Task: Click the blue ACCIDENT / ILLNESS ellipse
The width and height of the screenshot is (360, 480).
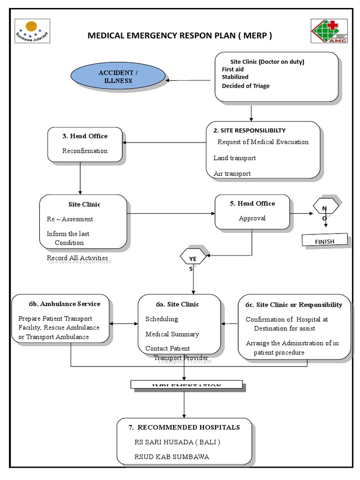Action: (x=118, y=77)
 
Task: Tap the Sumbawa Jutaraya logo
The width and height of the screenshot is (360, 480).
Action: (x=32, y=31)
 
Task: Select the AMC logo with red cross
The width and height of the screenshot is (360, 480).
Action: (x=329, y=31)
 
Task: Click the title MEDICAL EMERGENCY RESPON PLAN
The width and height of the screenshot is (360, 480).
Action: (x=180, y=36)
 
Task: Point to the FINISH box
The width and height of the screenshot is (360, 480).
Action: (x=324, y=241)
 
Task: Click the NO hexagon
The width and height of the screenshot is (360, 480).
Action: (x=324, y=209)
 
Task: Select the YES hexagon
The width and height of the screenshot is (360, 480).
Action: (x=193, y=258)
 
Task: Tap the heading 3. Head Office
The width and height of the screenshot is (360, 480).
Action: (x=85, y=136)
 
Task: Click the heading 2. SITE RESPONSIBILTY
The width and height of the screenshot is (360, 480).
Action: (x=249, y=130)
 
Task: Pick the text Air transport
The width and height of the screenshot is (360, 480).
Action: (x=232, y=173)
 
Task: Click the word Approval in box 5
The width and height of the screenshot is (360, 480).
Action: (x=252, y=218)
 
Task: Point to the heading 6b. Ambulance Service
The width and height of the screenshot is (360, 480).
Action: (x=60, y=303)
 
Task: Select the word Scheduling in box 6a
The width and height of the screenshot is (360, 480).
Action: (x=162, y=319)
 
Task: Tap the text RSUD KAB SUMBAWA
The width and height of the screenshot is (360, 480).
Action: (x=172, y=457)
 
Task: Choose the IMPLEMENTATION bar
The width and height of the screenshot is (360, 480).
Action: (x=187, y=385)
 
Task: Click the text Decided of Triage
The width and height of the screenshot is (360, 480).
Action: (x=246, y=86)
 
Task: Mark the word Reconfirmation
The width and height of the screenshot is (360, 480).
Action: (x=85, y=151)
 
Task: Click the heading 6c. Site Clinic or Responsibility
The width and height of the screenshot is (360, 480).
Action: (x=294, y=305)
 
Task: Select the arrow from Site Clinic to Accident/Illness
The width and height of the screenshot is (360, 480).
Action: (x=188, y=80)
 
